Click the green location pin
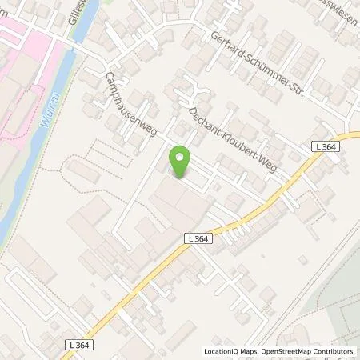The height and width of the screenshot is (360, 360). pos(180,162)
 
